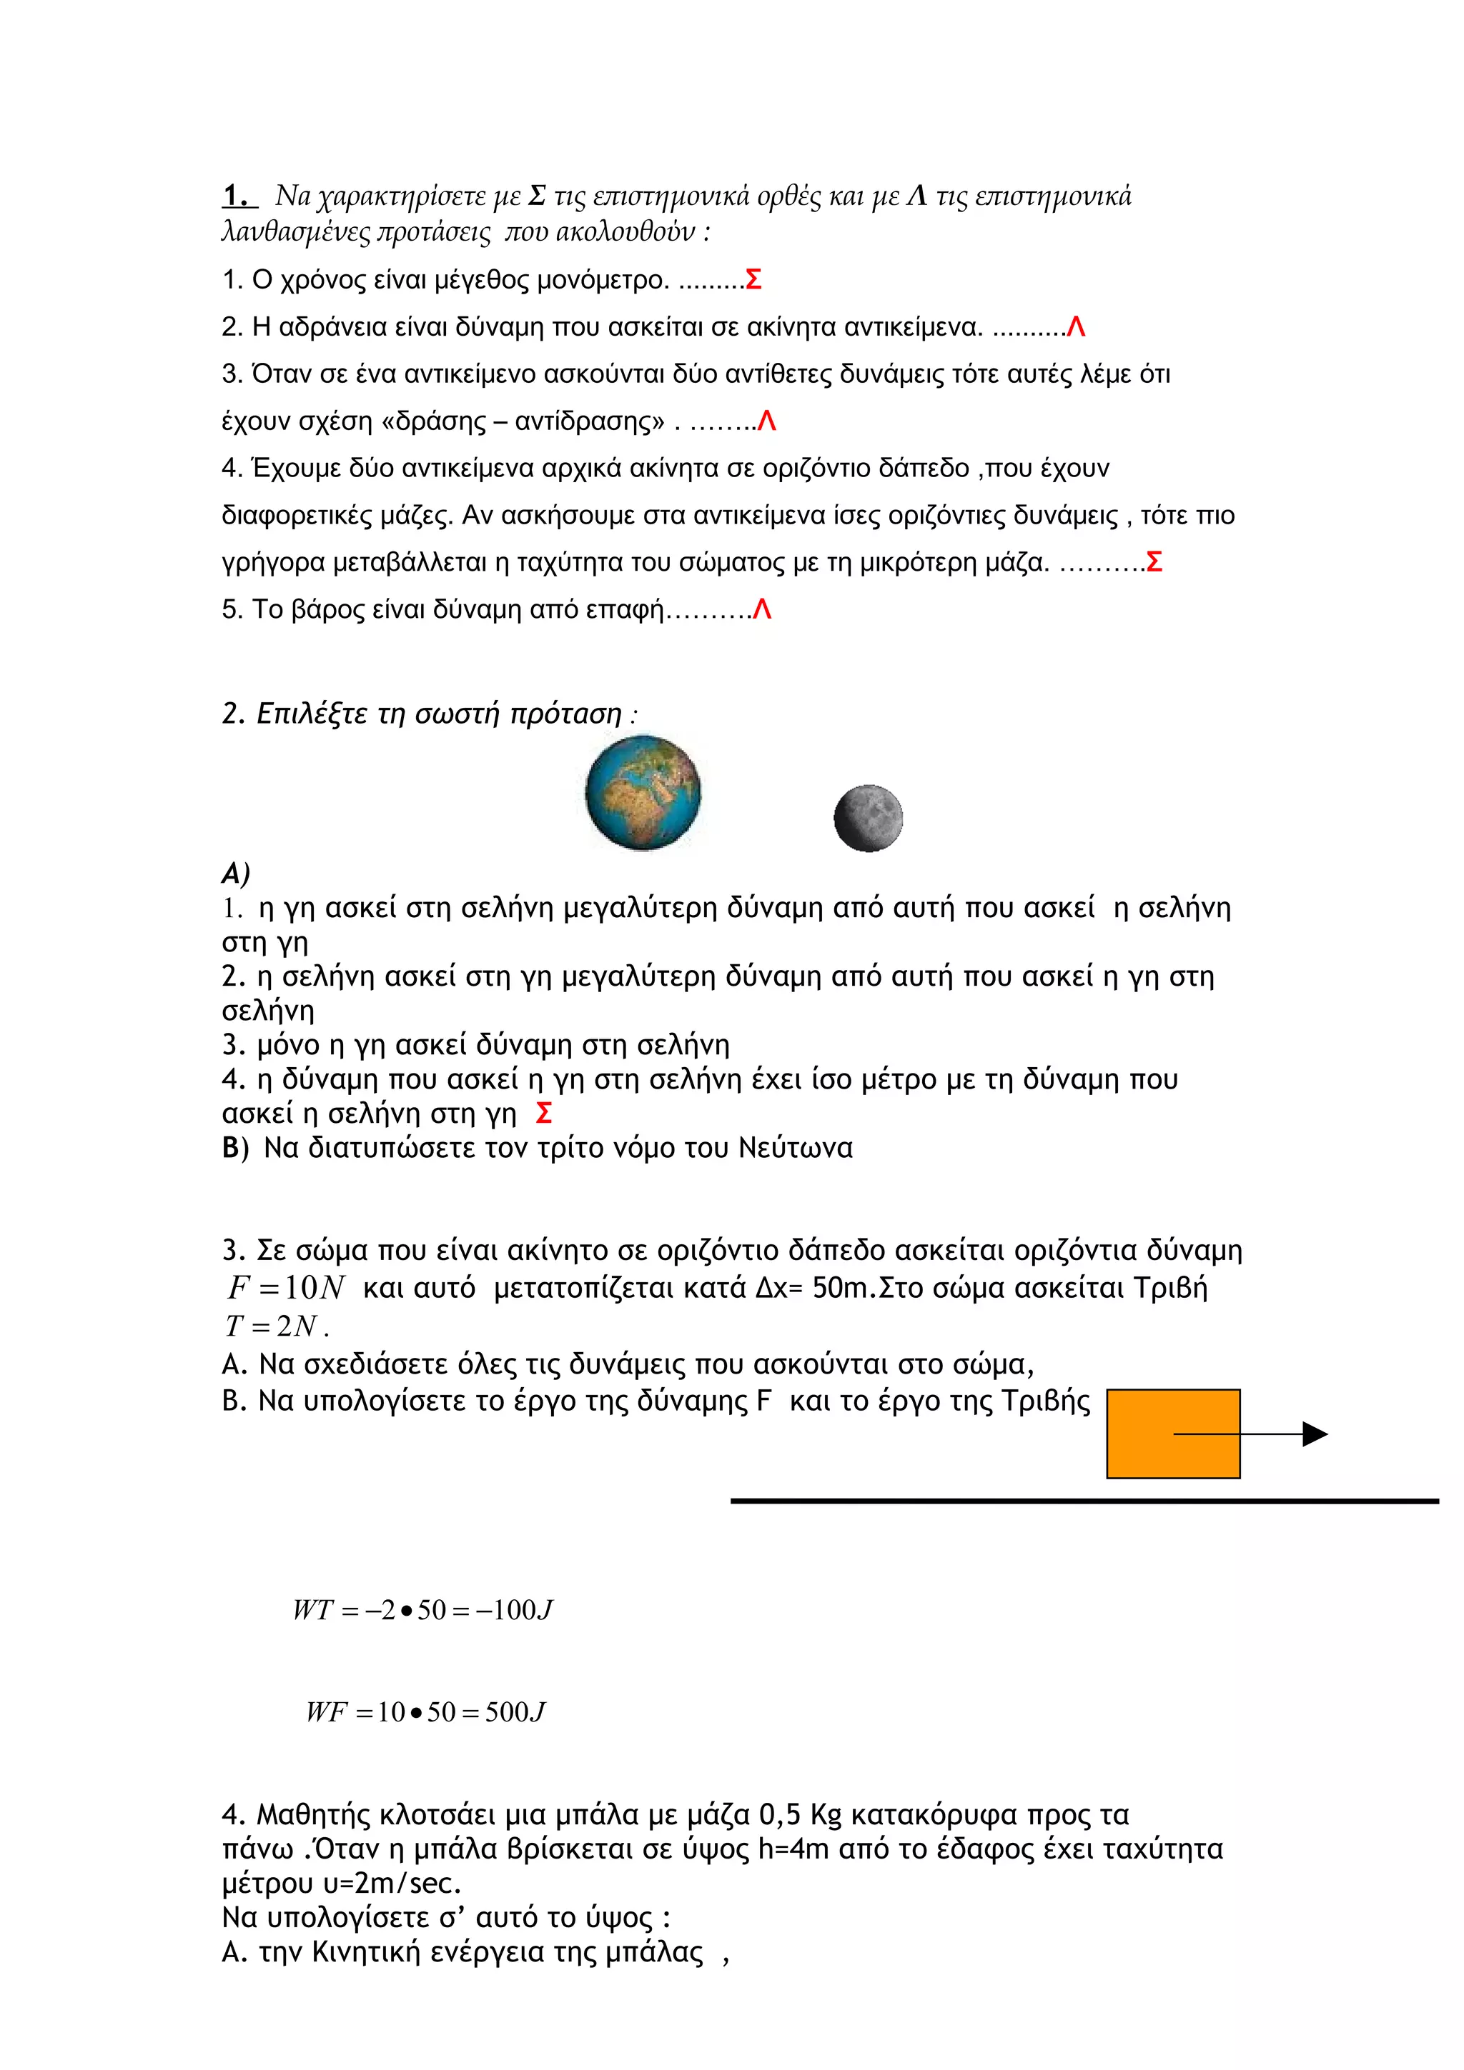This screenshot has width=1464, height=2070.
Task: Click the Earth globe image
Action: point(642,792)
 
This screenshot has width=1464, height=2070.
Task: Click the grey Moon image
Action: point(868,818)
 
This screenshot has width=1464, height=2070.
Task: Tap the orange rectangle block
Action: point(1172,1434)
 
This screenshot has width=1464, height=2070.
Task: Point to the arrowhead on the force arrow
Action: point(1315,1434)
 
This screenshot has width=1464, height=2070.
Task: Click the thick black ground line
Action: point(1082,1501)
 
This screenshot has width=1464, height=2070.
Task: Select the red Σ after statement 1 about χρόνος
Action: point(753,281)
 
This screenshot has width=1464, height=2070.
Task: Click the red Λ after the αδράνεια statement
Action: point(1075,327)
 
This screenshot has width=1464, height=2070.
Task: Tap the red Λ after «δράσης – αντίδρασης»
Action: point(767,421)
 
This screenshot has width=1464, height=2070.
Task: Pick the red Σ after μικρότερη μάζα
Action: point(1153,563)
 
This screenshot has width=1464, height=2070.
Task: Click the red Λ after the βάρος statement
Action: point(762,611)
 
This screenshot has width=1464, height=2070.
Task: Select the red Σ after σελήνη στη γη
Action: point(543,1114)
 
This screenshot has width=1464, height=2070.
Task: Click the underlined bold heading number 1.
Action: point(237,196)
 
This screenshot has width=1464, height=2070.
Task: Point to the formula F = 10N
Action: point(286,1287)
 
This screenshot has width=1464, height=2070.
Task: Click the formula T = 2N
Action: point(272,1326)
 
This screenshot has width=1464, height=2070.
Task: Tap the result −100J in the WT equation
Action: point(515,1610)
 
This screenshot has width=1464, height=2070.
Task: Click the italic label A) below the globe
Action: point(235,873)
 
